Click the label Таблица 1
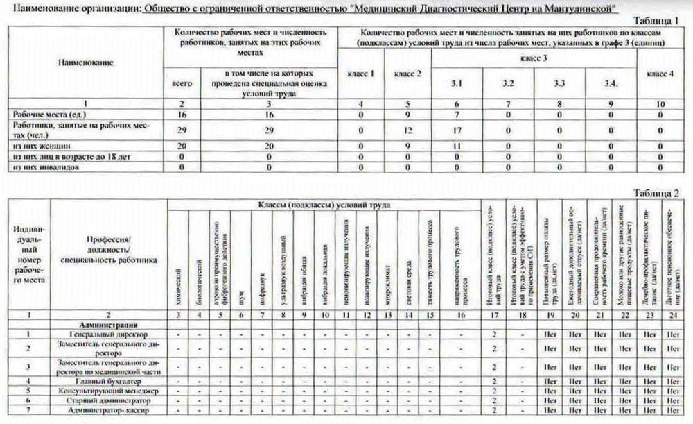tap(659, 22)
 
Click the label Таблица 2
tap(658, 192)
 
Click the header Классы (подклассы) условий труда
tap(324, 205)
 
